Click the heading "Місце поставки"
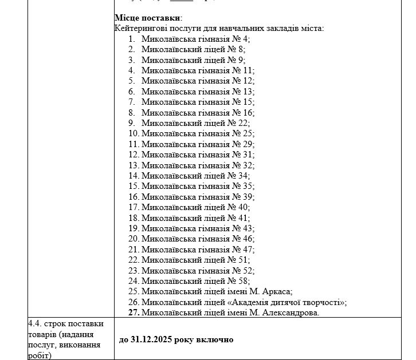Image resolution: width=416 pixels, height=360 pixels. [147, 18]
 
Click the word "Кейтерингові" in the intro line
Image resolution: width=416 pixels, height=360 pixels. [140, 28]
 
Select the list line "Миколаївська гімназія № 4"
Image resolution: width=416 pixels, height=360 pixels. [195, 39]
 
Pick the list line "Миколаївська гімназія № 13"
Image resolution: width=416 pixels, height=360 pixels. [198, 91]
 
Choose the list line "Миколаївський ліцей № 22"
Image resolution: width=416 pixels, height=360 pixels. [195, 122]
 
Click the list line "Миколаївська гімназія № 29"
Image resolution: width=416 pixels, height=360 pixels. [198, 144]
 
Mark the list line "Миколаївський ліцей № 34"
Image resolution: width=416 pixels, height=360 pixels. [195, 176]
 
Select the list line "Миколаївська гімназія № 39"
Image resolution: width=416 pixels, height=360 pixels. [198, 196]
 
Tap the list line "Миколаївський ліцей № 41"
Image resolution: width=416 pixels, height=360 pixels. [195, 217]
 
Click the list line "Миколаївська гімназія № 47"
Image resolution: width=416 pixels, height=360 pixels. [198, 249]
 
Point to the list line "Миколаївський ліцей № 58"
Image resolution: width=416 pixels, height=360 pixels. [195, 280]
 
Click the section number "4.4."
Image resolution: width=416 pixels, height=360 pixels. [35, 324]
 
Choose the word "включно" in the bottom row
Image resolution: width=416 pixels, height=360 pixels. [214, 339]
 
